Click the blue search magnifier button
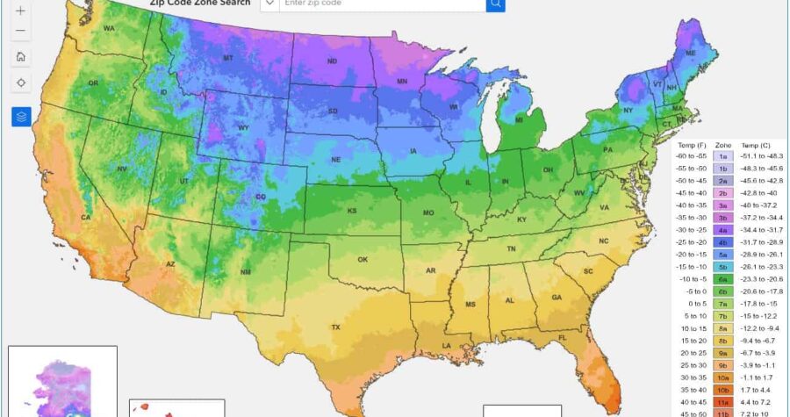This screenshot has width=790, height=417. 496,4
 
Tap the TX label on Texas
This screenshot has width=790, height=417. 335,327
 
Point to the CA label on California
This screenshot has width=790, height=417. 86,217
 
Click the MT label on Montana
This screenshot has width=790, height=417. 227,58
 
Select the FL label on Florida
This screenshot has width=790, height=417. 562,337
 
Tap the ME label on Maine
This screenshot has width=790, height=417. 691,53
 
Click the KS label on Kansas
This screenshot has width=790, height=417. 351,211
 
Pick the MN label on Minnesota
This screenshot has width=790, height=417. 401,82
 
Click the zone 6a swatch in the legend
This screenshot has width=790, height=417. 723,278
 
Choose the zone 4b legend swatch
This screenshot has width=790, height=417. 723,241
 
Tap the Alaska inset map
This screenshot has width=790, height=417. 62,382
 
